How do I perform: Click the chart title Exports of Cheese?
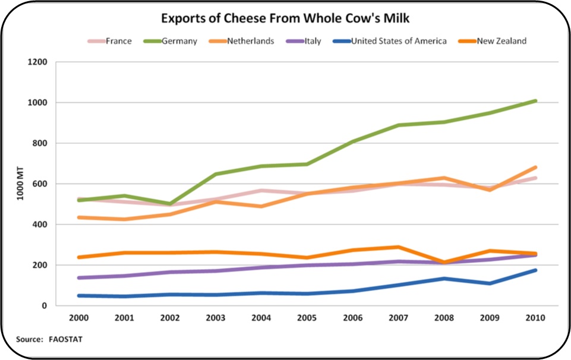(x=286, y=19)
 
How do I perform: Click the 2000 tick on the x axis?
(x=78, y=318)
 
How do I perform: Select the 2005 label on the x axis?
(x=307, y=318)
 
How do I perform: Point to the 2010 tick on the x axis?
(x=536, y=318)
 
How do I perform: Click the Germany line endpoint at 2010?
(x=536, y=101)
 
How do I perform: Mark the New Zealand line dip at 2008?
(x=444, y=262)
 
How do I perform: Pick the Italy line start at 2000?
(x=78, y=278)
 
